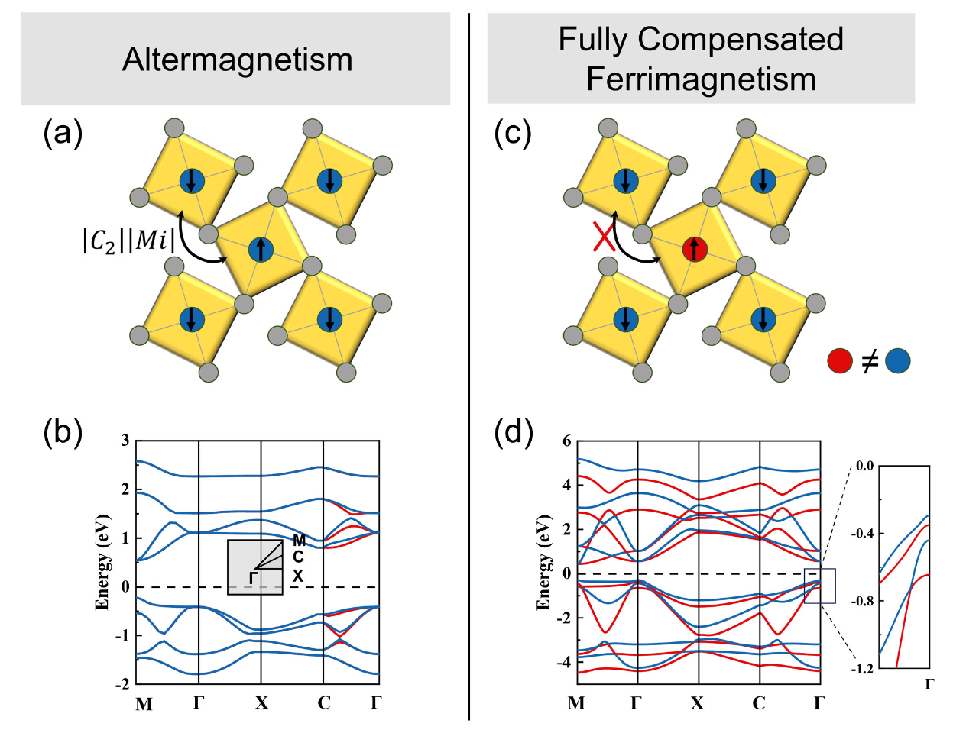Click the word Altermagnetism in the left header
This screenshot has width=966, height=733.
coord(237,60)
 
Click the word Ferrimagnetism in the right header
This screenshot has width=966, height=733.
coord(701,79)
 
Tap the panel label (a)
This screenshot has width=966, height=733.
coord(63,133)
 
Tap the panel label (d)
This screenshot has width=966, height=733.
coord(514,434)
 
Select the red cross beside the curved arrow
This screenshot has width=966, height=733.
coord(603,237)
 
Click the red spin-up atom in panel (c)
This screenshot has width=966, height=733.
coord(695,250)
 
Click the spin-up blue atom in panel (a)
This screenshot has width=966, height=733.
coord(261,250)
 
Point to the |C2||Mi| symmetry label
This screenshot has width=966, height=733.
coord(128,241)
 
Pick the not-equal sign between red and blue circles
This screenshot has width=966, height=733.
coord(869,361)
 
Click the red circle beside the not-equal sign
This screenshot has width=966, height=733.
coord(840,361)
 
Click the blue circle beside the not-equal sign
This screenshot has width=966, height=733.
coord(897,361)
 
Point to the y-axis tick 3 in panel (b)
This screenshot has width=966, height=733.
coord(126,440)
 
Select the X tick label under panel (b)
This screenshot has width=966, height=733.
coord(261,703)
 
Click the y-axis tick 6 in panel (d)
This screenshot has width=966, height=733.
coord(567,441)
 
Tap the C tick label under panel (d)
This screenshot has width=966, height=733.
coord(758,703)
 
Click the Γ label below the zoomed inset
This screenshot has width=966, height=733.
coord(929,684)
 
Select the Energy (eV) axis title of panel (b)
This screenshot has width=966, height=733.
coord(102,563)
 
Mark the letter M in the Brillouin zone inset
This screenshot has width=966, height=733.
coord(299,540)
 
